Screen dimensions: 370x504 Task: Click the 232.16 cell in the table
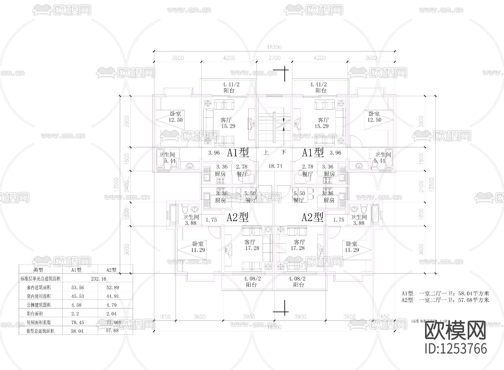99,279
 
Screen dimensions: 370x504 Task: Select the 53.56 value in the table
78,287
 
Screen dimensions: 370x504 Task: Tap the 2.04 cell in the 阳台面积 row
111,314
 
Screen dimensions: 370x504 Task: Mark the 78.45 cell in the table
78,322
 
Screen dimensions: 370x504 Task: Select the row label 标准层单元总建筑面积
41,279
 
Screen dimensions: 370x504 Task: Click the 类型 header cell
38,270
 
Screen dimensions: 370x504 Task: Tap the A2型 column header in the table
111,270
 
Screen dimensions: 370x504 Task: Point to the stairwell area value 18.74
275,166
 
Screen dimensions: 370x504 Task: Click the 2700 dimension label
274,58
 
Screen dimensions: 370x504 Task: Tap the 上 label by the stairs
266,152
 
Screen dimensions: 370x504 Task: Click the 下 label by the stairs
284,152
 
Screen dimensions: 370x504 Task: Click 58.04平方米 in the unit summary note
473,294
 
